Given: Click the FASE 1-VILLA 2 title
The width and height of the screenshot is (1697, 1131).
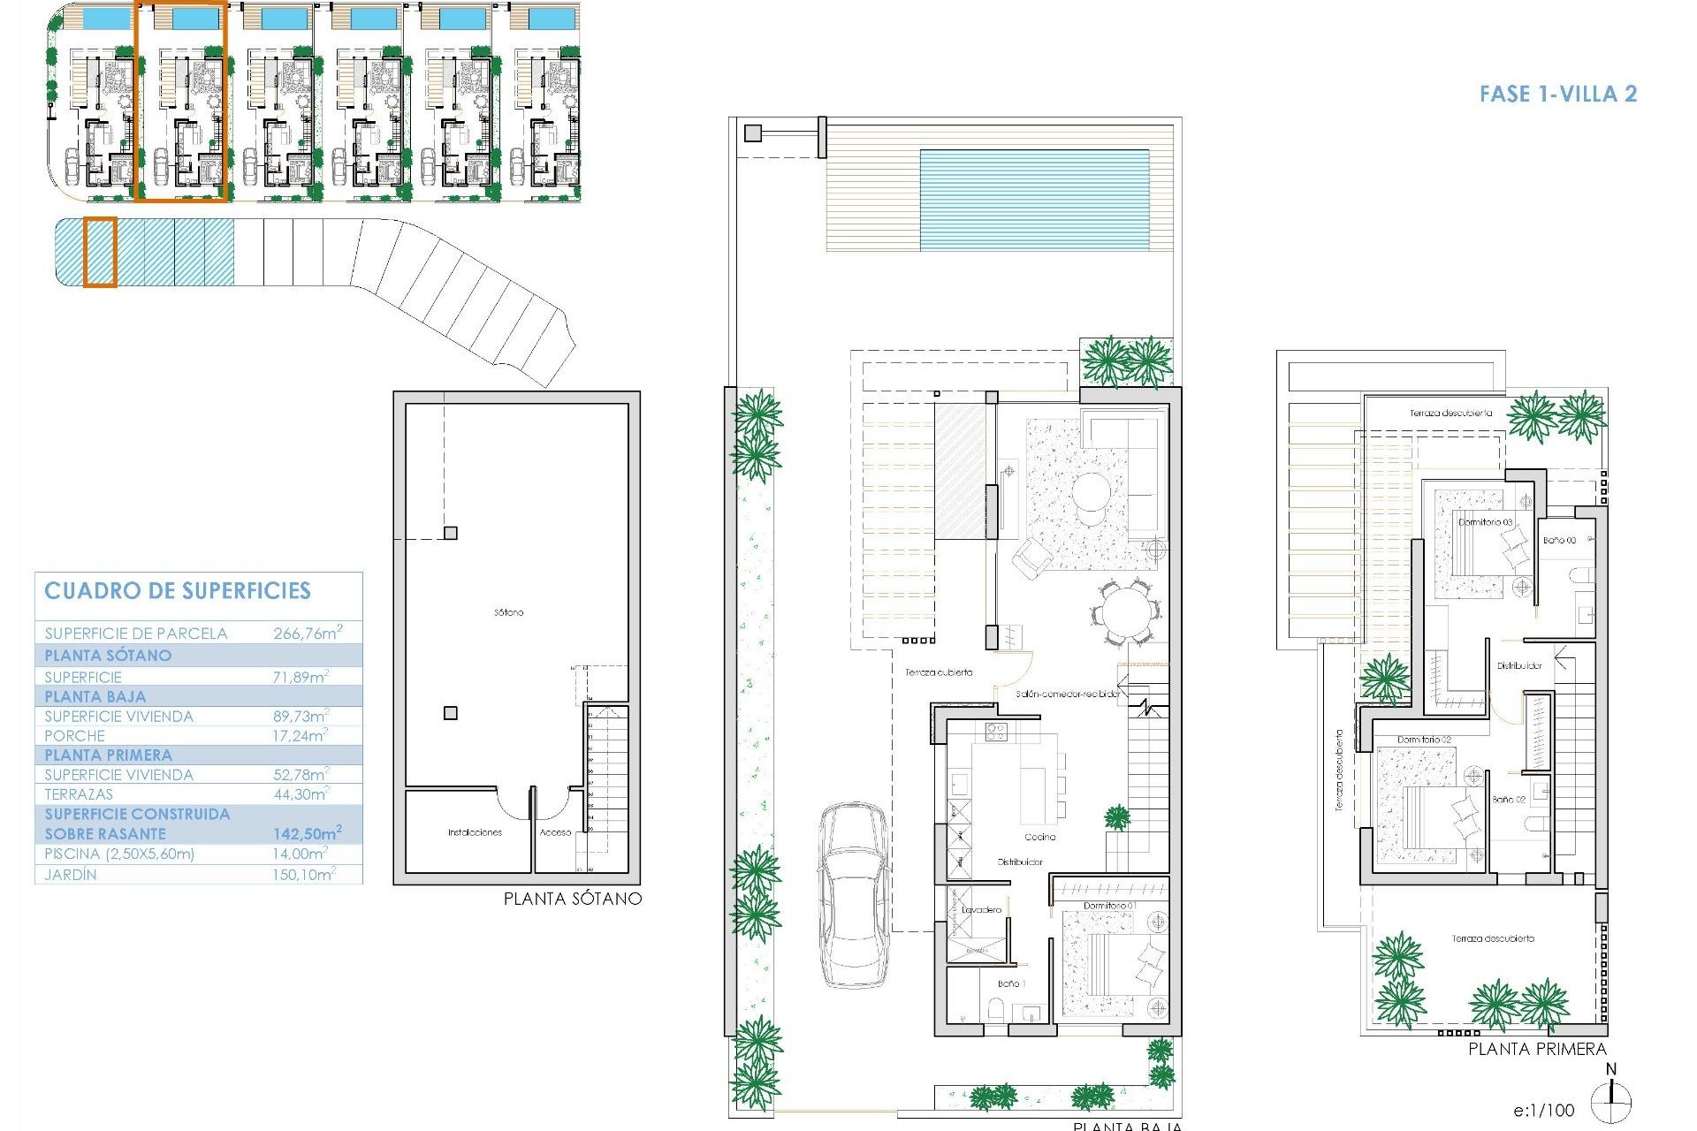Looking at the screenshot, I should click(x=1557, y=95).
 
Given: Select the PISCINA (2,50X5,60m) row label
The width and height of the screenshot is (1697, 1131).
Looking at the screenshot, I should click(x=119, y=854).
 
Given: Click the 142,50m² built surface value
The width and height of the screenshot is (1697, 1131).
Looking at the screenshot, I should click(x=307, y=833).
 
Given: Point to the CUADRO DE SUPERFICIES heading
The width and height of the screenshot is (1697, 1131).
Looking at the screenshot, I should click(x=178, y=591).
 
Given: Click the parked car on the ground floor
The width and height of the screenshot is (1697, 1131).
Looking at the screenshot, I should click(x=854, y=894).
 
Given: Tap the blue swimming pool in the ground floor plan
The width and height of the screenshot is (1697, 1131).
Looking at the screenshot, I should click(x=1034, y=200).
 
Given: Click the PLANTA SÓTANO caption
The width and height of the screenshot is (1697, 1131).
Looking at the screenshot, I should click(x=572, y=899).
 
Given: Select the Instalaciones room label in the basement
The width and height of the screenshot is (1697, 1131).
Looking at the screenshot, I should click(x=475, y=832).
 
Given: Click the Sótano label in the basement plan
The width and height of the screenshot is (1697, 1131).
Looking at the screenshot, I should click(x=508, y=612).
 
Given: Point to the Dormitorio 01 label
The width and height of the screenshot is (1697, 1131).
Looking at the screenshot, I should click(x=1110, y=906).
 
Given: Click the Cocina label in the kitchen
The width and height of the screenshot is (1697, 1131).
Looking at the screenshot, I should click(x=1039, y=837).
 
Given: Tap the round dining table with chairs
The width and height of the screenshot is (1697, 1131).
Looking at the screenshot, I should click(x=1124, y=611).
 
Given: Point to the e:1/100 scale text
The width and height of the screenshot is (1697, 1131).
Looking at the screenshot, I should click(x=1543, y=1111).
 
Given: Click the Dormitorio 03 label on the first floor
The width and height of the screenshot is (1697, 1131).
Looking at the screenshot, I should click(x=1485, y=522).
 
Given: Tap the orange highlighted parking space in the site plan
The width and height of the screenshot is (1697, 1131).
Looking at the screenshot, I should click(x=100, y=253).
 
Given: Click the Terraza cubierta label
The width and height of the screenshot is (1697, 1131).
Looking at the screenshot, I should click(x=938, y=672).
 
